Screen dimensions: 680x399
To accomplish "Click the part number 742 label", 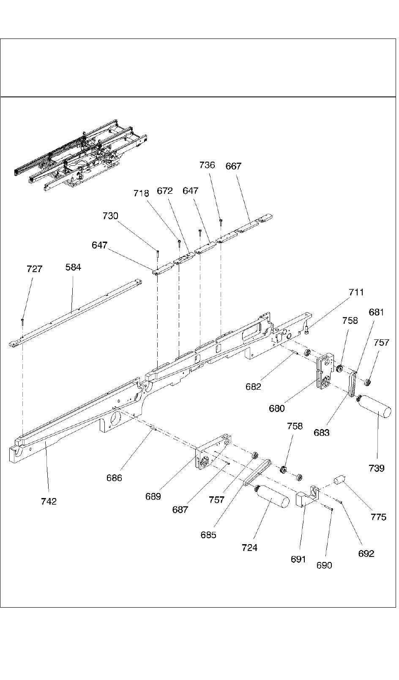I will [x=49, y=501].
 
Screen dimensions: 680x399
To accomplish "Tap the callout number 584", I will [x=73, y=267].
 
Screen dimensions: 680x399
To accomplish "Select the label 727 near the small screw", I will [x=34, y=269].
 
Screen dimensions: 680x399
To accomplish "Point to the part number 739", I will [x=376, y=468].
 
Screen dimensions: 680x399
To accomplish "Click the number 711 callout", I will [x=356, y=292].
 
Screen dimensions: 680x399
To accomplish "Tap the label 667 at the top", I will [x=233, y=166].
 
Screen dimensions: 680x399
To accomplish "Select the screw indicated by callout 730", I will [x=157, y=253].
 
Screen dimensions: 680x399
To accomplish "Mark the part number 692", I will [x=366, y=553].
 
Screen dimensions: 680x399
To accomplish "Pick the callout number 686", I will [x=114, y=478].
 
